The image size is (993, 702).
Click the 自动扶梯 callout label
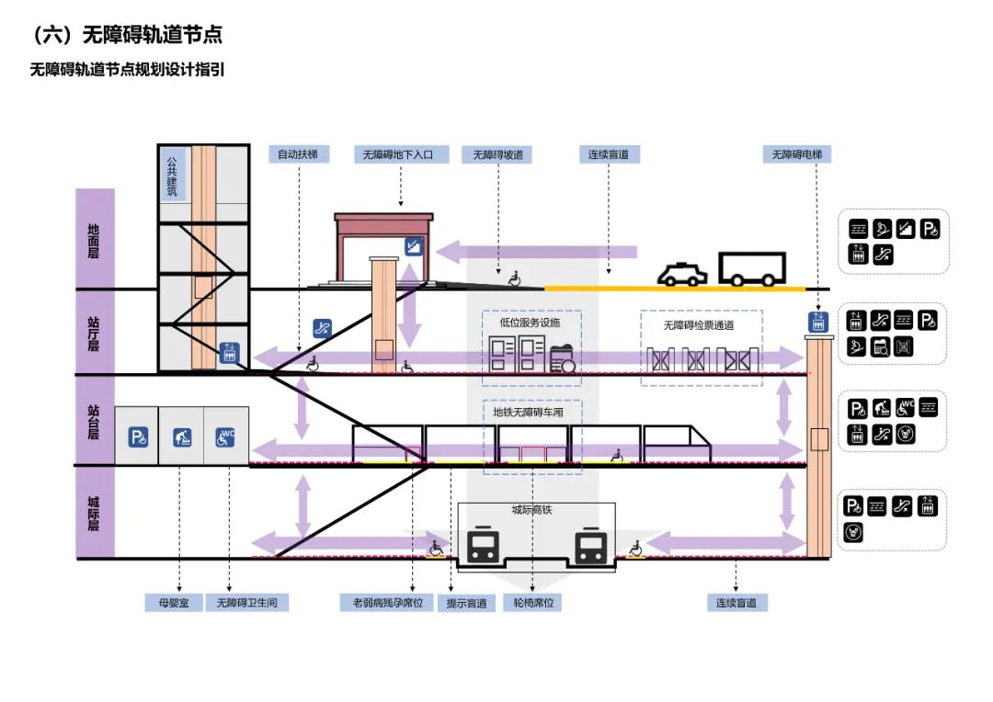[x=298, y=155]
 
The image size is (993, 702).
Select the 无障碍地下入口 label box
[x=401, y=155]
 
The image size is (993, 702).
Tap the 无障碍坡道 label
[x=497, y=155]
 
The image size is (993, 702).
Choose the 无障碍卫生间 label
[x=247, y=604]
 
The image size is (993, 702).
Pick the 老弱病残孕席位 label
[x=387, y=604]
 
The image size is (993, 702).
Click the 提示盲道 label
[x=467, y=604]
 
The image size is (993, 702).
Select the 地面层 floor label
[x=95, y=240]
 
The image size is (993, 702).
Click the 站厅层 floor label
[x=95, y=334]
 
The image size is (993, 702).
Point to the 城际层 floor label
[x=95, y=514]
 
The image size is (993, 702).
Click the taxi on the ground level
[x=681, y=275]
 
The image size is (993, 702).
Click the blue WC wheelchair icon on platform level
[x=225, y=437]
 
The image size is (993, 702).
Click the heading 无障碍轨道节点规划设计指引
[x=128, y=70]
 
